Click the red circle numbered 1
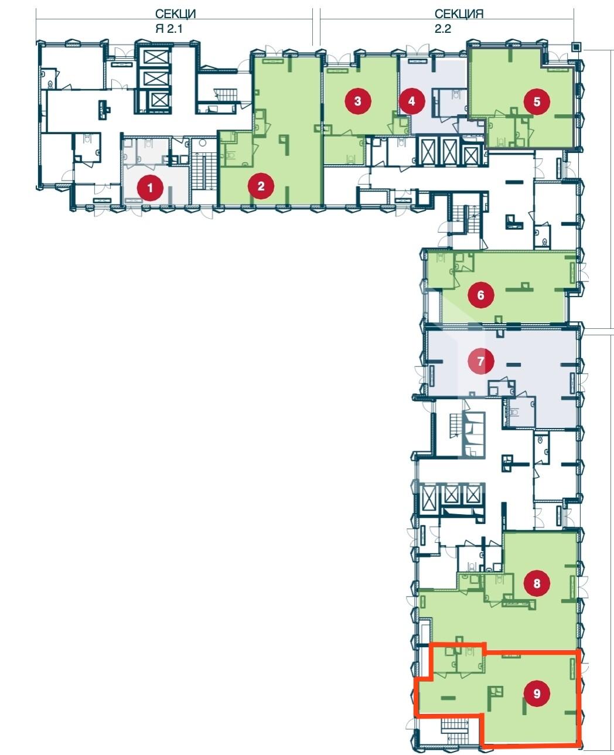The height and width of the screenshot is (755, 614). (x=150, y=188)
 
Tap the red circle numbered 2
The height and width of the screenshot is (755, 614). (x=261, y=186)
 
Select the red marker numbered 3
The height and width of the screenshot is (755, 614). (x=358, y=101)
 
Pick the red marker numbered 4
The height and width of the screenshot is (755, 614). (x=412, y=101)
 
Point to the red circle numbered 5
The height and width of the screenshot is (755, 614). (x=537, y=102)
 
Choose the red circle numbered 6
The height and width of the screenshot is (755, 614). (x=481, y=295)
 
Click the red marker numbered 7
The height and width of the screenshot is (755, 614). (x=481, y=361)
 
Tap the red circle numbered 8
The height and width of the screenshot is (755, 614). (x=537, y=583)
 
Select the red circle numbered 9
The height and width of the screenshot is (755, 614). (x=537, y=693)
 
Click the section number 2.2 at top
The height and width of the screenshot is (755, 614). (x=442, y=29)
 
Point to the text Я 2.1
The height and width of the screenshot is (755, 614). (x=169, y=29)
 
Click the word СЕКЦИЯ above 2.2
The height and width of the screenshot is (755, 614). (x=459, y=14)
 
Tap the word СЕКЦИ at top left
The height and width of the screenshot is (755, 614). (x=175, y=14)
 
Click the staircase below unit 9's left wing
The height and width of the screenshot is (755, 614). (x=455, y=730)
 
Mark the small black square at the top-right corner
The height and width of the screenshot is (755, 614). (x=577, y=46)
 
